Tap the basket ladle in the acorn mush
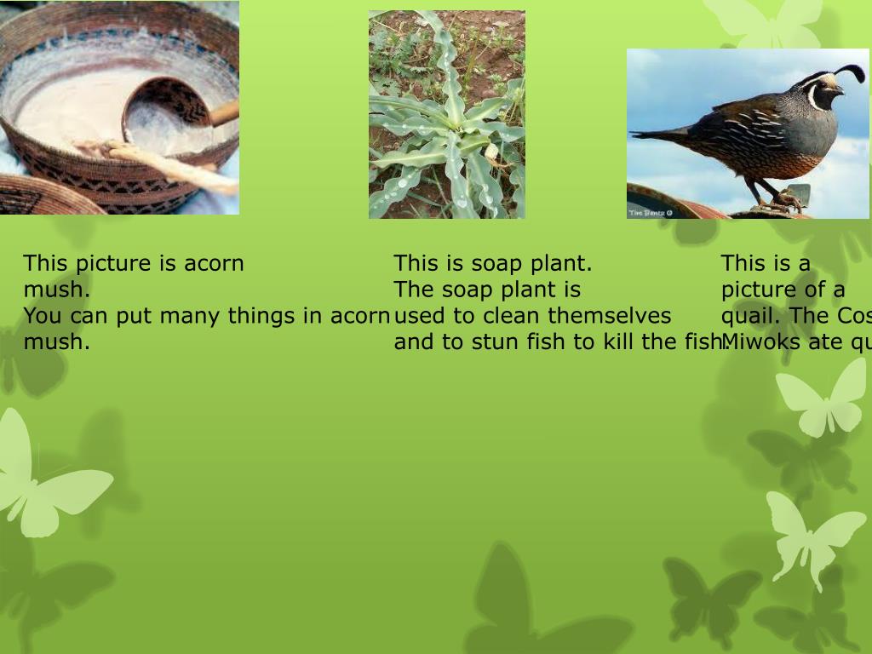[x=166, y=110]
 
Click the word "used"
[x=420, y=316]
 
